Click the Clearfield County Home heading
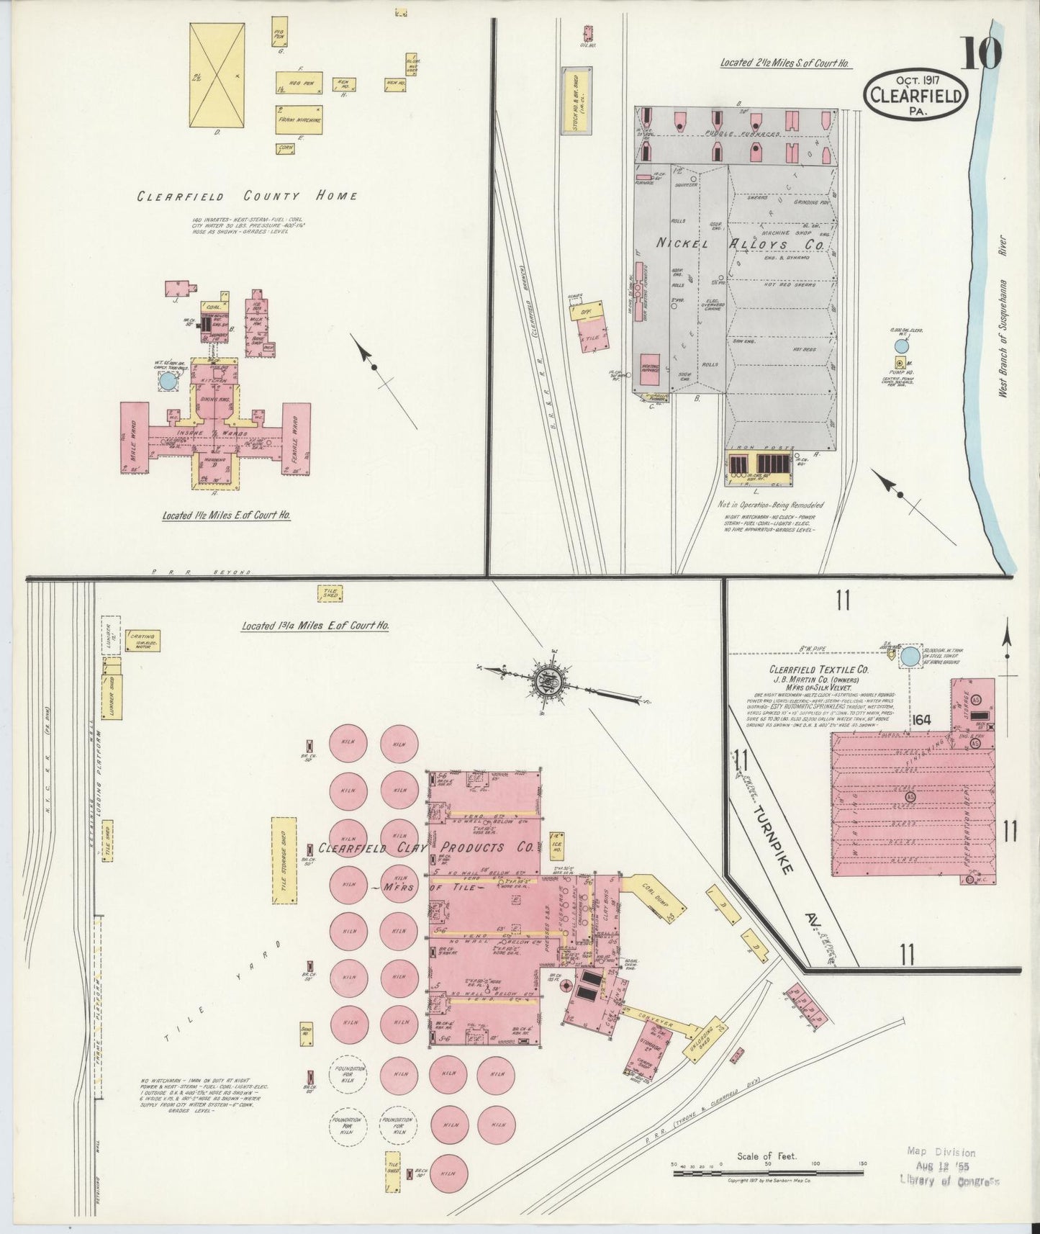click(x=247, y=196)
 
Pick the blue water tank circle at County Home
click(x=167, y=381)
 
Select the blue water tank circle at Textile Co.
click(x=910, y=656)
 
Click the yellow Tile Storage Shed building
click(x=284, y=861)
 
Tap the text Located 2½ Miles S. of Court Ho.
click(x=785, y=63)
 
